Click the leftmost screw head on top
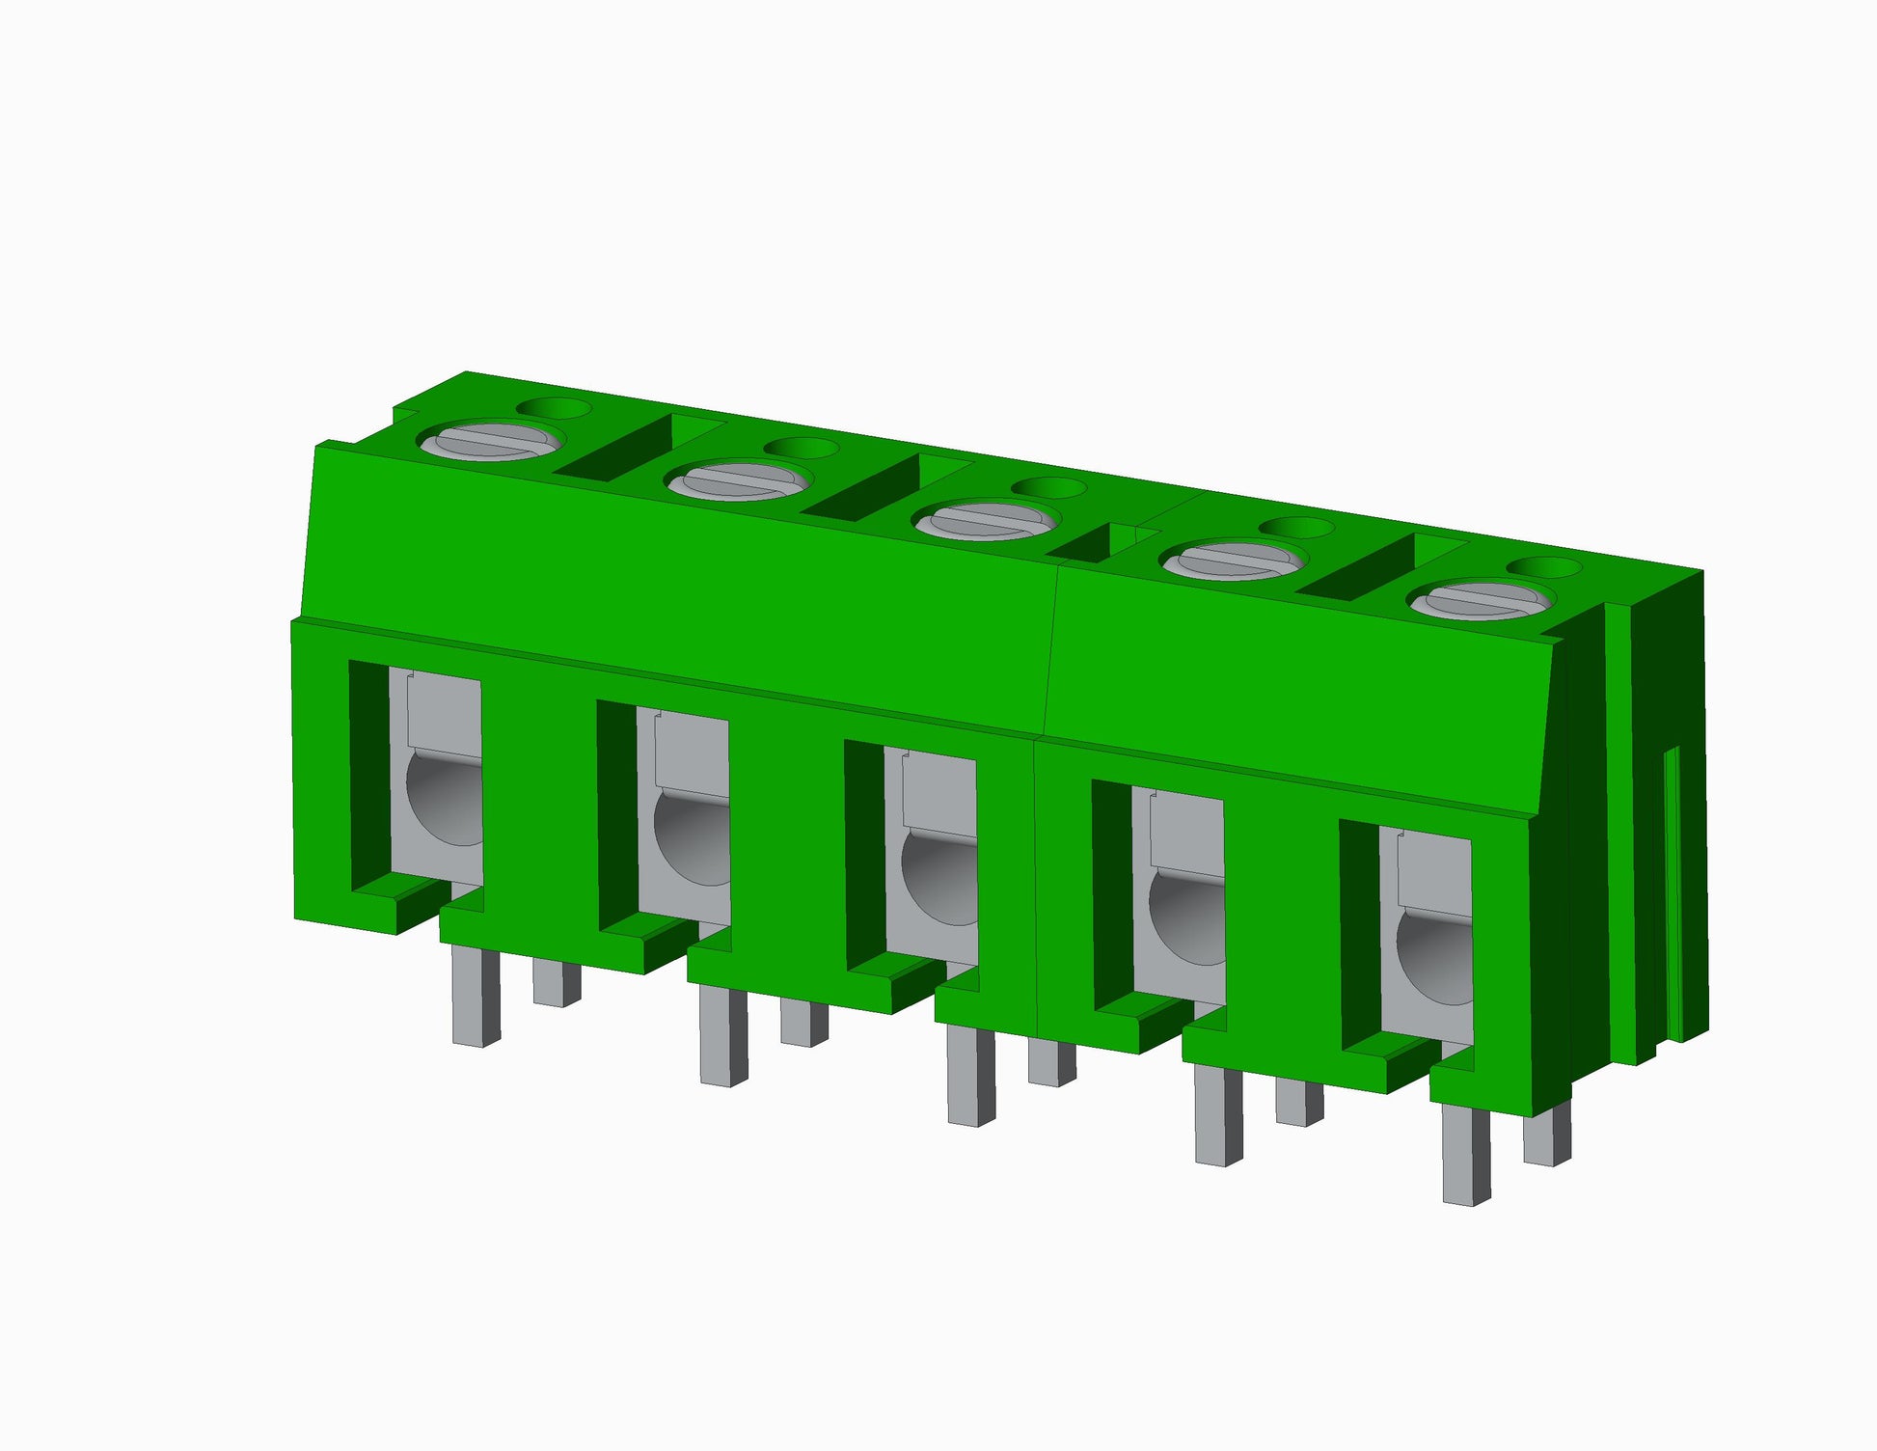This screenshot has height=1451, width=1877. [x=490, y=441]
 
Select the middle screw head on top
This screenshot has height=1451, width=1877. [x=986, y=521]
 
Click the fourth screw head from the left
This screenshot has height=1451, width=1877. [x=1234, y=561]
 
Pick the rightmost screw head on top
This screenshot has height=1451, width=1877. [x=1482, y=600]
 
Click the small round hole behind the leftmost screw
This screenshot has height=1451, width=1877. [x=554, y=408]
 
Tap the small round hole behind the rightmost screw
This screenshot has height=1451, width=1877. [x=1543, y=567]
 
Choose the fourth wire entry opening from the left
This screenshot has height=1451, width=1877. [x=1179, y=901]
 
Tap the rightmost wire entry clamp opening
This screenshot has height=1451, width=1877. [x=1427, y=941]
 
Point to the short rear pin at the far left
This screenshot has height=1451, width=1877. [x=557, y=982]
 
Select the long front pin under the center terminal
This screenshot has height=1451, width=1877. [x=970, y=1075]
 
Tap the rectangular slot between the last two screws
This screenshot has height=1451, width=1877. [x=1360, y=570]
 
